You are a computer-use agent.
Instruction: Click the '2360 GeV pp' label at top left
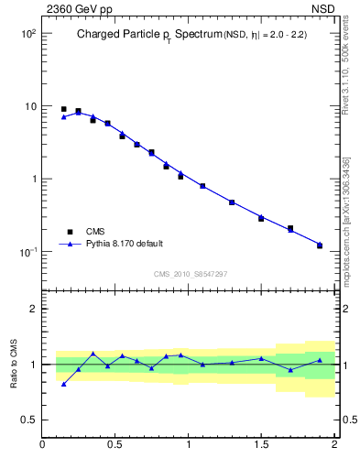click(76, 8)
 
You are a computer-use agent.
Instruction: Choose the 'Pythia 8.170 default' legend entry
click(124, 244)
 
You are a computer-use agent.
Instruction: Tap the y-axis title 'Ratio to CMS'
click(14, 364)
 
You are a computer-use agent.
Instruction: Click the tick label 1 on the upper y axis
click(32, 179)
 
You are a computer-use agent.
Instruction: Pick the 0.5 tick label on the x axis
click(115, 445)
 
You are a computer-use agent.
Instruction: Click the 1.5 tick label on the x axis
click(261, 445)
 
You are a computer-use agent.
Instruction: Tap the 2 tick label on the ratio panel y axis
click(32, 309)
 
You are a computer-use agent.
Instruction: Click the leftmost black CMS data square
click(63, 109)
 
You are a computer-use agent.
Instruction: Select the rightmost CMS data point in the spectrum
click(320, 245)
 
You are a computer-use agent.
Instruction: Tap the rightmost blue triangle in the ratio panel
click(320, 360)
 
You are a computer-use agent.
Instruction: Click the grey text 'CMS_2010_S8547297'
click(190, 274)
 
